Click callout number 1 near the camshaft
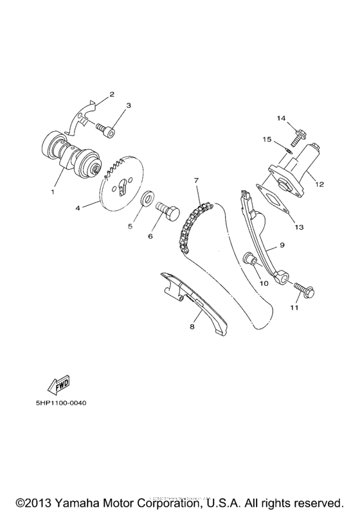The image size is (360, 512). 53,191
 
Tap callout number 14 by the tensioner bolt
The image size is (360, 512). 280,119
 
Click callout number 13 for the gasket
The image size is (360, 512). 299,227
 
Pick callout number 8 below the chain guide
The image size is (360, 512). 192,327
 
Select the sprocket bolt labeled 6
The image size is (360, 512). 170,210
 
